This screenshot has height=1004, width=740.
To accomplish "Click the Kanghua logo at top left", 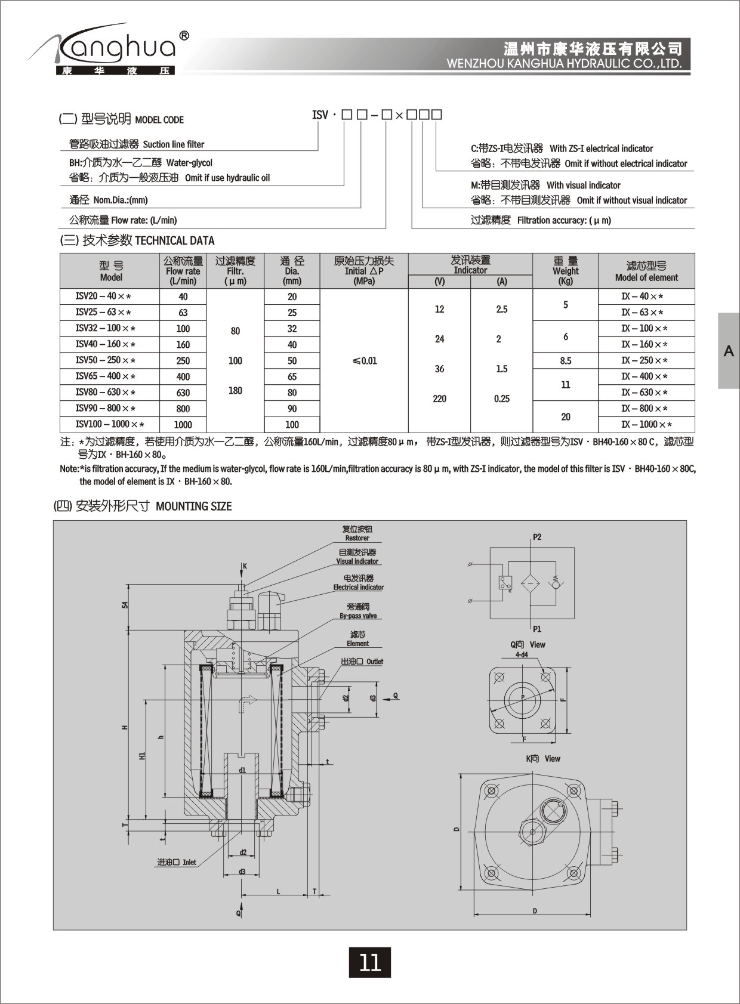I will [110, 51].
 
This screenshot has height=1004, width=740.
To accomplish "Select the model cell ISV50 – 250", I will [105, 360].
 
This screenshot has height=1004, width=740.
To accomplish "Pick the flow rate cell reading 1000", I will [183, 425].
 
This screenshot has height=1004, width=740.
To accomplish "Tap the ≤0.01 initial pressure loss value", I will [364, 361].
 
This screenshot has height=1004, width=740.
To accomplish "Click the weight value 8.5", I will [565, 361].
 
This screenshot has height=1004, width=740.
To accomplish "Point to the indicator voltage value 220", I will [439, 398].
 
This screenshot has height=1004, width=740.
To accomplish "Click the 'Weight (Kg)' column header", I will [565, 271].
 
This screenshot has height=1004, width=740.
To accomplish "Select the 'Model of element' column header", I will [646, 271].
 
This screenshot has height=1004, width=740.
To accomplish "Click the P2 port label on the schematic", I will [537, 537].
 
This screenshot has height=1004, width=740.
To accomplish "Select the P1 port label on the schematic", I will [537, 629].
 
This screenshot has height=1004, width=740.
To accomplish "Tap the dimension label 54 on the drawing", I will [125, 604].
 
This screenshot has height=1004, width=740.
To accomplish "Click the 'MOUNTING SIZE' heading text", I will [193, 506].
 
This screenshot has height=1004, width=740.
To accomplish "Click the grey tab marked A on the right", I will [729, 351].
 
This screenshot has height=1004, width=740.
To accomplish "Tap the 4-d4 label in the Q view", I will [522, 654].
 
